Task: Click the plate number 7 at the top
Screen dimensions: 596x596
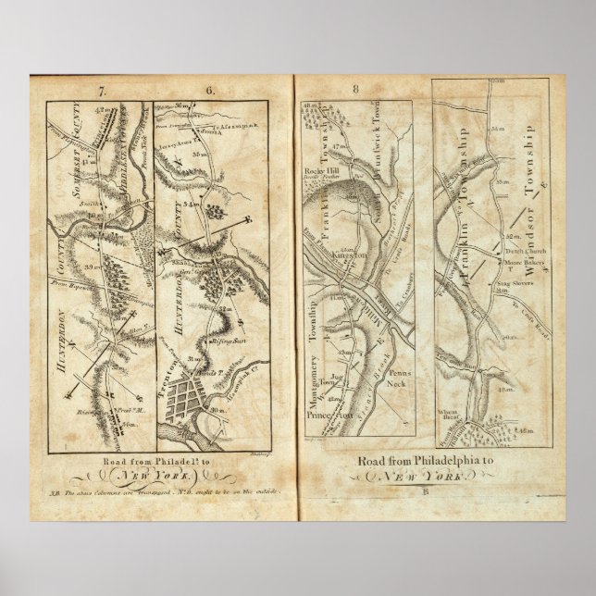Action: [105, 91]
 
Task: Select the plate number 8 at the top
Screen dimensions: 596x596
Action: [356, 90]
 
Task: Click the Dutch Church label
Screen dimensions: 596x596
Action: [526, 252]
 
